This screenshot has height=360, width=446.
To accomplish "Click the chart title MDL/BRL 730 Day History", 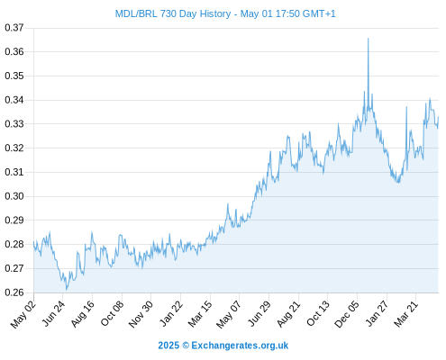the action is pyautogui.click(x=173, y=13).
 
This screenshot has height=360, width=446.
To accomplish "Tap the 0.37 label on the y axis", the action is pyautogui.click(x=14, y=28).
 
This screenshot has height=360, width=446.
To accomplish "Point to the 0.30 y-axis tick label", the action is pyautogui.click(x=14, y=196).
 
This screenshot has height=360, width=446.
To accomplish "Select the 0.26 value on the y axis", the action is pyautogui.click(x=14, y=292).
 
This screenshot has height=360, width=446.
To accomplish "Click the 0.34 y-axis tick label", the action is pyautogui.click(x=14, y=100).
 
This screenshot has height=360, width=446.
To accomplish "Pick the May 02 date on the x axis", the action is pyautogui.click(x=23, y=314).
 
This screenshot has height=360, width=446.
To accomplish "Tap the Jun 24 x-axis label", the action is pyautogui.click(x=53, y=313).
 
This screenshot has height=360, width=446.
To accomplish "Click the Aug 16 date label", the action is pyautogui.click(x=83, y=314).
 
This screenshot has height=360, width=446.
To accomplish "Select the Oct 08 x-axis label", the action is pyautogui.click(x=112, y=314).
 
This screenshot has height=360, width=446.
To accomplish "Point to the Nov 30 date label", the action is pyautogui.click(x=141, y=314).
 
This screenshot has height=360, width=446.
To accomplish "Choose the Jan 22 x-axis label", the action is pyautogui.click(x=171, y=313).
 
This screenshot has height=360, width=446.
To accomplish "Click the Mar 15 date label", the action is pyautogui.click(x=200, y=314).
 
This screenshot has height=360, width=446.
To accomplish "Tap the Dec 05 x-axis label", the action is pyautogui.click(x=347, y=314).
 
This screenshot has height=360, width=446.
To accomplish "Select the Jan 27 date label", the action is pyautogui.click(x=377, y=313).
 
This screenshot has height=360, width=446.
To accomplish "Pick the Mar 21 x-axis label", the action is pyautogui.click(x=405, y=314).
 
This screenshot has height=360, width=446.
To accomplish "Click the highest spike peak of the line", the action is pyautogui.click(x=369, y=39).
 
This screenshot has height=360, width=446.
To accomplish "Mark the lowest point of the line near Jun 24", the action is pyautogui.click(x=67, y=290).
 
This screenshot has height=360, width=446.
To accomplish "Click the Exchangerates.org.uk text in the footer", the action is pyautogui.click(x=240, y=346).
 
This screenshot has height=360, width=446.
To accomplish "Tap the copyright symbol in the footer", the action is pyautogui.click(x=186, y=346).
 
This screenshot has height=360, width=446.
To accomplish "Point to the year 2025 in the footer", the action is pyautogui.click(x=168, y=346).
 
